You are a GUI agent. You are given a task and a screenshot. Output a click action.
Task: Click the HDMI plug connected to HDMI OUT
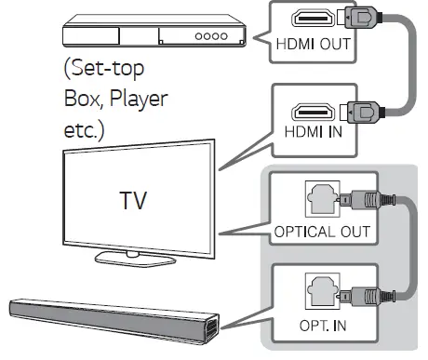click(x=358, y=20)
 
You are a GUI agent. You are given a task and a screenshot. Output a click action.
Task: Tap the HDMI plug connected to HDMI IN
click(x=358, y=109)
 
